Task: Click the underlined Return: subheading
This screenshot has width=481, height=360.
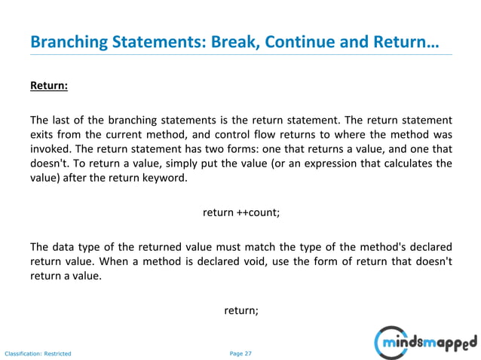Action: tap(49, 86)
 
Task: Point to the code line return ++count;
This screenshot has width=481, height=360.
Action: tap(241, 212)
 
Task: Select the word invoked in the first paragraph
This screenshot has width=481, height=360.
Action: tap(50, 148)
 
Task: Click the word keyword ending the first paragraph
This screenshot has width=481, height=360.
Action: tap(161, 178)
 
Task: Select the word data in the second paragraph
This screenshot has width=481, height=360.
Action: tap(63, 246)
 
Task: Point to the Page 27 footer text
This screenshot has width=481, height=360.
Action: tap(240, 352)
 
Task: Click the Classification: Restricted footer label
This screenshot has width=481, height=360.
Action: tap(38, 352)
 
